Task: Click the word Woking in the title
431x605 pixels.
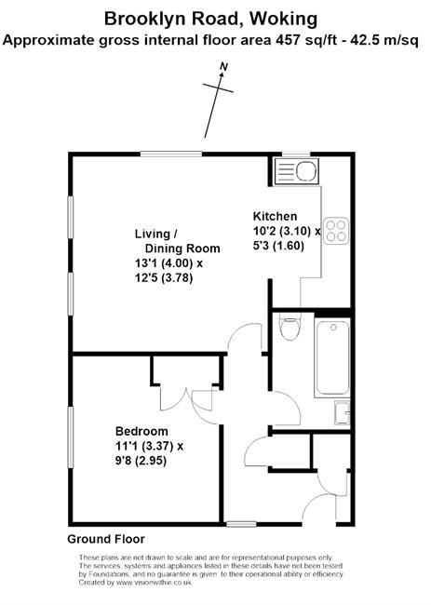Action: coord(284,20)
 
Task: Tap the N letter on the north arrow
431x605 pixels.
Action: coord(223,67)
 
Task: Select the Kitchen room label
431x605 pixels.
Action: coord(275,216)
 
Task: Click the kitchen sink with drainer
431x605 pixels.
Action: coord(296,170)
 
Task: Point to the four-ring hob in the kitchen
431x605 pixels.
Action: coord(336,231)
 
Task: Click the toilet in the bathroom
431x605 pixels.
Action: coord(290,327)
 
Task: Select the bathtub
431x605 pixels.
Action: coord(332,357)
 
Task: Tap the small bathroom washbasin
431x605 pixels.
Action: coord(342,413)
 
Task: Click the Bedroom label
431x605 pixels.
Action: coord(141,431)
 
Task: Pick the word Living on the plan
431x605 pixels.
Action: coord(153,234)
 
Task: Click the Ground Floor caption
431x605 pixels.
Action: coord(106,539)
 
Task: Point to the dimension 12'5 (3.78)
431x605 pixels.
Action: coord(164,278)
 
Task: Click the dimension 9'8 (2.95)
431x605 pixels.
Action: coord(141,461)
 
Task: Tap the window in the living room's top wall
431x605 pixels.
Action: coord(171,154)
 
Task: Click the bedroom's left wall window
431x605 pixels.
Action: coord(71,437)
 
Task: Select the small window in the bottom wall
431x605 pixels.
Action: coord(241,524)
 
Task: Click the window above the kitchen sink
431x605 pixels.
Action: coord(296,154)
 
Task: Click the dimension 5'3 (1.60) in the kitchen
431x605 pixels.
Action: coord(278,246)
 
